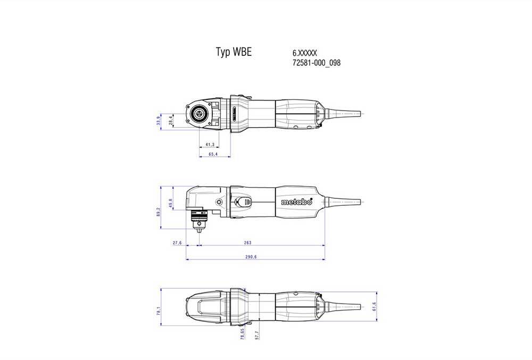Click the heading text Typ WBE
pos(234,52)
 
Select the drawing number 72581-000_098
pos(316,63)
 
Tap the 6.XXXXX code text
pos(305,53)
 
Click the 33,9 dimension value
pos(159,121)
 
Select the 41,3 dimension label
pos(210,145)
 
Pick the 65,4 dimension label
pos(213,154)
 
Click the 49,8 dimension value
pos(171,203)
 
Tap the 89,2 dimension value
pos(159,213)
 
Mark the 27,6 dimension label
pos(178,243)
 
